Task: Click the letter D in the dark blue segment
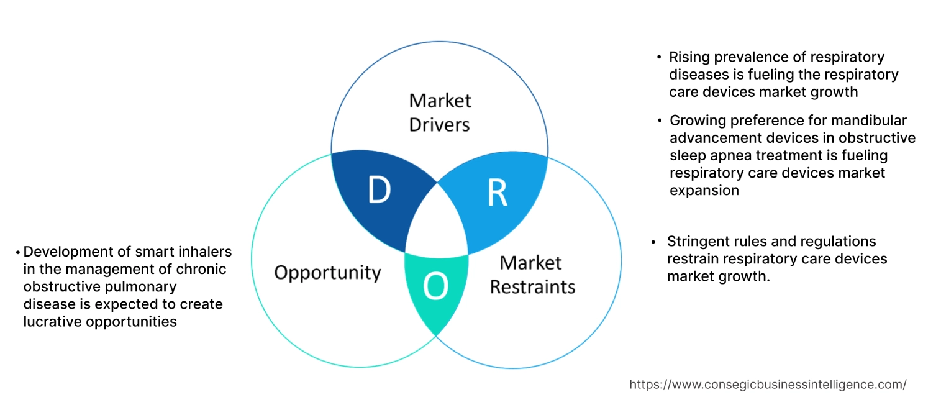[x=379, y=191]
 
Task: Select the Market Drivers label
[x=440, y=112]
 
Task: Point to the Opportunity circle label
[x=327, y=272]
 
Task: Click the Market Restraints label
[x=532, y=275]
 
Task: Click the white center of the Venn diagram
[x=437, y=224]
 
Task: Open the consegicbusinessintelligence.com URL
[x=768, y=385]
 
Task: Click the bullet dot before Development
[x=18, y=252]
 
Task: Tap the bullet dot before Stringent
[x=653, y=242]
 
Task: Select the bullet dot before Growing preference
[x=660, y=121]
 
